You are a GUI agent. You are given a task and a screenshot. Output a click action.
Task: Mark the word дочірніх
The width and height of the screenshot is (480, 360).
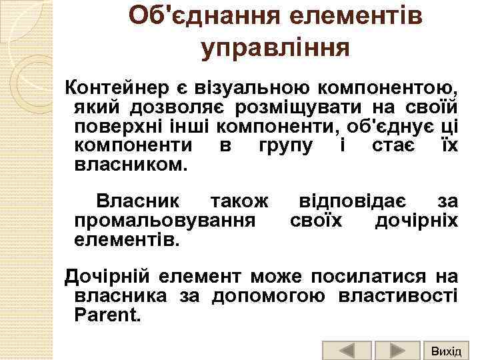click(x=417, y=220)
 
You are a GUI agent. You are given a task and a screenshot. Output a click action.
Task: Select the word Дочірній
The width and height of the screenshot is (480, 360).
click(x=114, y=275)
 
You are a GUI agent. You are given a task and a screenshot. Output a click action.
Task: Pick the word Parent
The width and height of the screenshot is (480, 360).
click(x=108, y=313)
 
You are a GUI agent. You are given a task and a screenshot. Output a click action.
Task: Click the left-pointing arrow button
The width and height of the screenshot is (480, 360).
click(x=347, y=351)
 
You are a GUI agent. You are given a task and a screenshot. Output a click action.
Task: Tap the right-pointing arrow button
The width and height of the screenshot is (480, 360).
click(x=397, y=351)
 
